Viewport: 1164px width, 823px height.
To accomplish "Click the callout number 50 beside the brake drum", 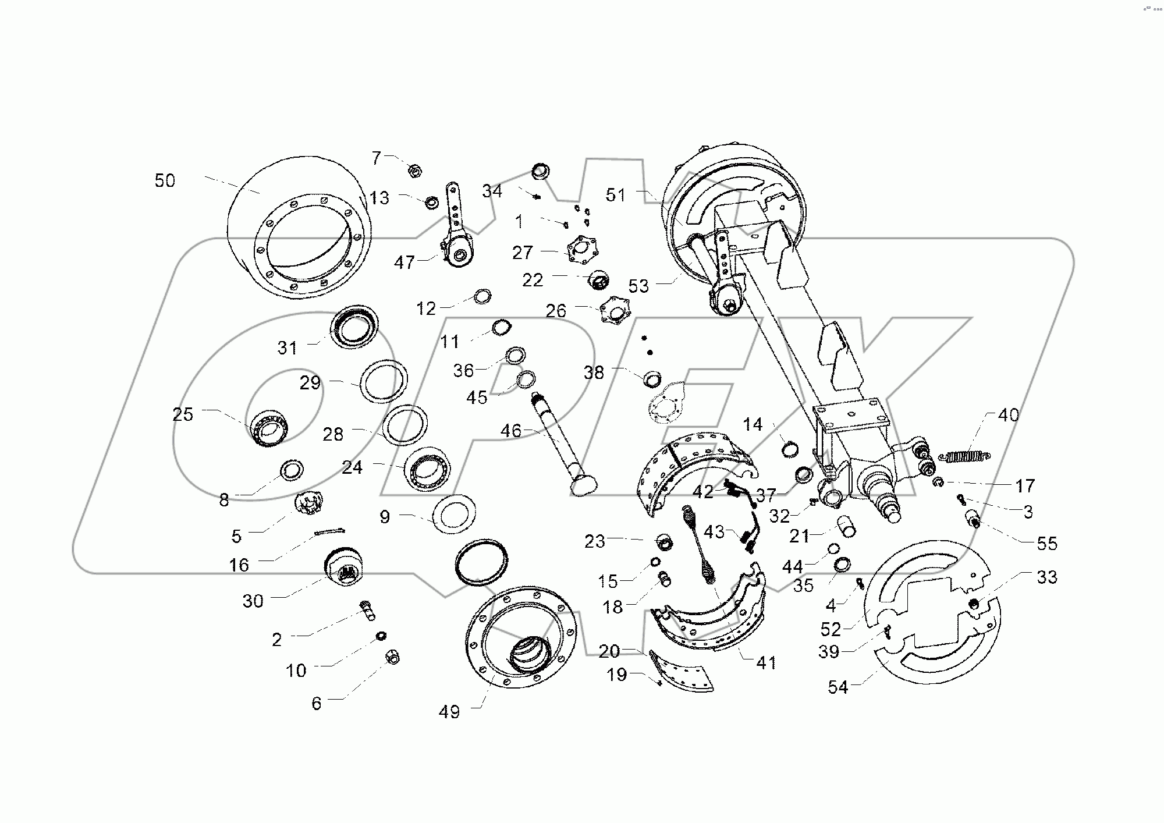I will click(165, 181).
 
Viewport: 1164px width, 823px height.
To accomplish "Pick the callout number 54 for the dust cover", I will click(838, 688).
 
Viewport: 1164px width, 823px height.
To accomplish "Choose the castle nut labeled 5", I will click(309, 504).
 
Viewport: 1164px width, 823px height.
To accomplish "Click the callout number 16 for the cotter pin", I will click(239, 565).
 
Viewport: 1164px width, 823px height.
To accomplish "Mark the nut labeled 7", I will click(414, 171).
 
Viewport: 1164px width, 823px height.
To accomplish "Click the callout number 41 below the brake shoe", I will click(766, 662).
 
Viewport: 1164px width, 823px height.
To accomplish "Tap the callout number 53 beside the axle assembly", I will click(638, 286).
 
